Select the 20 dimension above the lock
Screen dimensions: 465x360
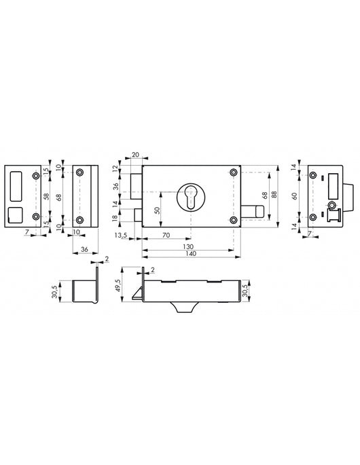pos(134,155)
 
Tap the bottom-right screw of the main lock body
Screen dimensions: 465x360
pos(234,219)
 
